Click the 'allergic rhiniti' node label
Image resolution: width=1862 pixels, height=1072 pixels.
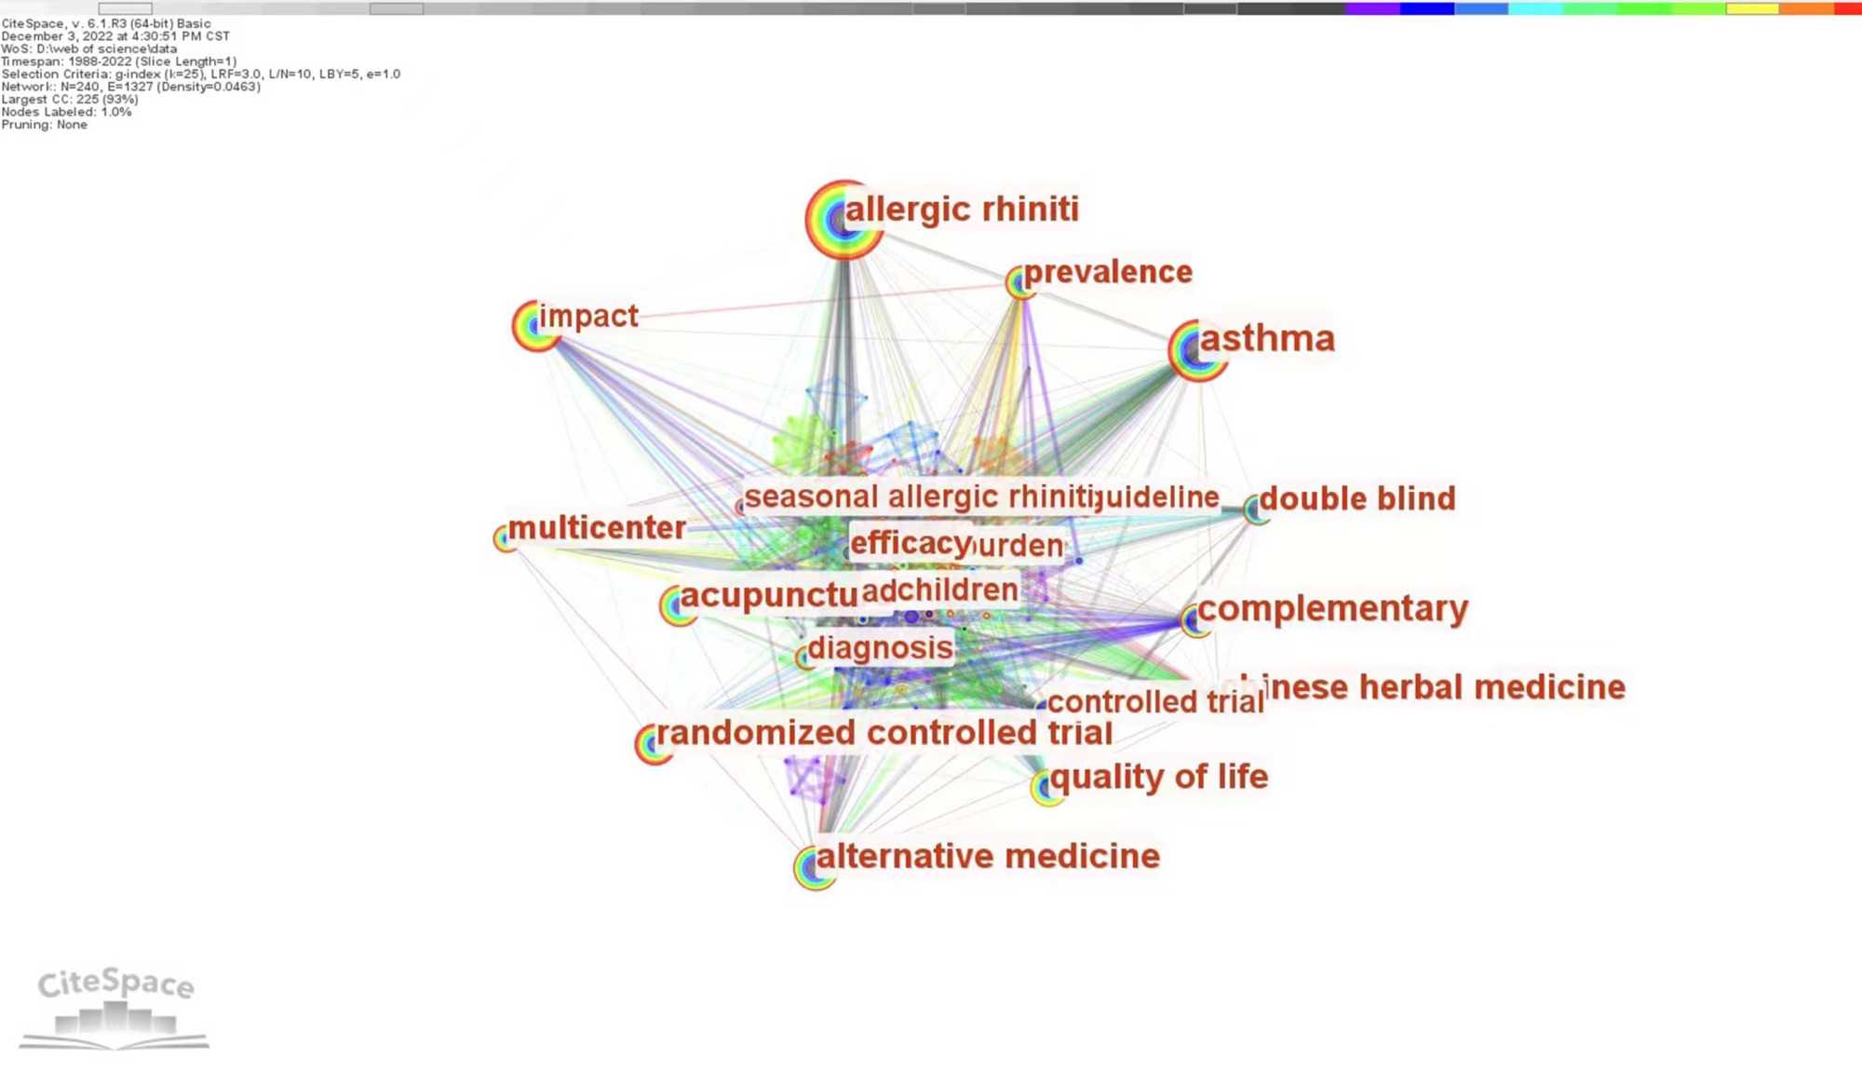pyautogui.click(x=961, y=210)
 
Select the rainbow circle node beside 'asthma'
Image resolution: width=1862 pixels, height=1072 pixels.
pyautogui.click(x=1195, y=350)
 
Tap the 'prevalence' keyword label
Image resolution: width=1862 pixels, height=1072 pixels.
pyautogui.click(x=1108, y=272)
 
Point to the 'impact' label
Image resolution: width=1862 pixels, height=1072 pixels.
pyautogui.click(x=588, y=317)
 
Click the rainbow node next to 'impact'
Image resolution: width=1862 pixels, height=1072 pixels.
pyautogui.click(x=536, y=325)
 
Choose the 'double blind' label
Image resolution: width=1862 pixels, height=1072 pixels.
pyautogui.click(x=1356, y=499)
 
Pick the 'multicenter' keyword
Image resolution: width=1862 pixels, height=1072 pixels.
pyautogui.click(x=597, y=528)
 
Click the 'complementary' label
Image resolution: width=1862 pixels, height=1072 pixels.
pyautogui.click(x=1332, y=609)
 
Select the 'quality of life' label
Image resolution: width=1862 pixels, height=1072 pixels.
pyautogui.click(x=1159, y=777)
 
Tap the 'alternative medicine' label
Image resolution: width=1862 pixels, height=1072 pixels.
pyautogui.click(x=988, y=857)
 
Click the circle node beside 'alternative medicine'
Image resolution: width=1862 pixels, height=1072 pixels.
pyautogui.click(x=814, y=868)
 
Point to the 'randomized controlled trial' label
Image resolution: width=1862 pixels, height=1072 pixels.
pyautogui.click(x=884, y=733)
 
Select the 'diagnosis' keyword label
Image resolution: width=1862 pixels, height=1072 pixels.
pyautogui.click(x=880, y=648)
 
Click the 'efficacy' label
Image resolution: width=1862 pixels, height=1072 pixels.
pyautogui.click(x=910, y=543)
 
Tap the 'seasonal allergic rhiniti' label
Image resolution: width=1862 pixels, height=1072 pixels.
pyautogui.click(x=918, y=497)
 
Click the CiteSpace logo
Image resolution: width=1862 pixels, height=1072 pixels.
pyautogui.click(x=115, y=1007)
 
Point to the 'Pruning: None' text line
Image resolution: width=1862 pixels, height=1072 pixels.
pyautogui.click(x=45, y=125)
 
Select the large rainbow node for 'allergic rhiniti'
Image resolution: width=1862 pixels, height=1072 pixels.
pyautogui.click(x=843, y=220)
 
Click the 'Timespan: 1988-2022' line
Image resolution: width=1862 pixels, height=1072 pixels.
pyautogui.click(x=119, y=61)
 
